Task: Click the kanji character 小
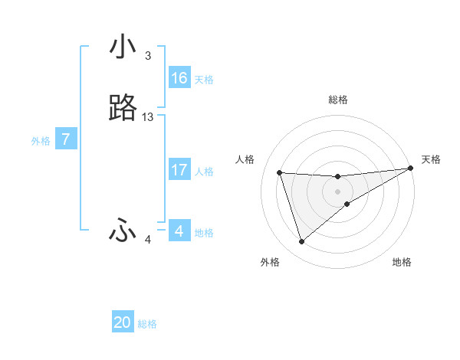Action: [x=123, y=47]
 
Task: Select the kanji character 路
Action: [x=123, y=110]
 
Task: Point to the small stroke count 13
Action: [x=148, y=117]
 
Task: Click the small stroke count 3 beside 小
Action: [x=148, y=56]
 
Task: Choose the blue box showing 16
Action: [x=179, y=78]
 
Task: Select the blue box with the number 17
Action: [x=179, y=170]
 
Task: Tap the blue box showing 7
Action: [x=67, y=139]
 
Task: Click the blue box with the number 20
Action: [x=123, y=322]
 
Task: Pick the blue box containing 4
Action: [x=179, y=231]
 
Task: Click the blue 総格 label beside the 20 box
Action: [x=147, y=324]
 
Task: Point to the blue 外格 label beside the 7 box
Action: [x=41, y=141]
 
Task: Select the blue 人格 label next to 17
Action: [x=205, y=172]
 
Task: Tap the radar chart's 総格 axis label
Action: [x=338, y=100]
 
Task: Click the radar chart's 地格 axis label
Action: [x=402, y=262]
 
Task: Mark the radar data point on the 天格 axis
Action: [x=410, y=169]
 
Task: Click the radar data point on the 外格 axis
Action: [x=301, y=242]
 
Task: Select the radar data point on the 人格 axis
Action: [x=280, y=172]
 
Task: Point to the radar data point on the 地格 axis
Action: [x=347, y=203]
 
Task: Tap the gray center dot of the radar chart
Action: [x=338, y=191]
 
